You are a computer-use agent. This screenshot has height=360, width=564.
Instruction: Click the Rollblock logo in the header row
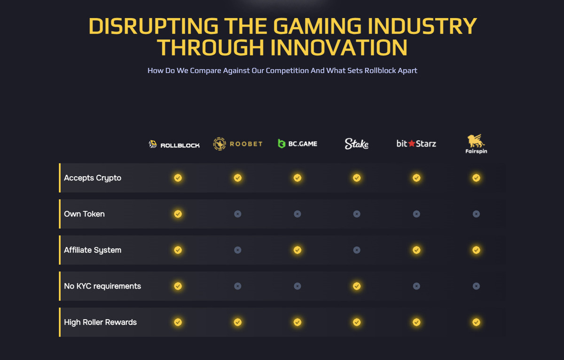pos(174,144)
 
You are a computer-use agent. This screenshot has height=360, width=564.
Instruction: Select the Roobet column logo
pos(238,144)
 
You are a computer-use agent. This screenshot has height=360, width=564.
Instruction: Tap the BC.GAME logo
pos(298,143)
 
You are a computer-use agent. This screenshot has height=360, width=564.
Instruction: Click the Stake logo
pos(357,143)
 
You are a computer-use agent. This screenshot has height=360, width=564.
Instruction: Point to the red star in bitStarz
pos(412,143)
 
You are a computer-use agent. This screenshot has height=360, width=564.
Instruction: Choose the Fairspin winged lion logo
pos(476,141)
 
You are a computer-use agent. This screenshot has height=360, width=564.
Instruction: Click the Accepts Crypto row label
pos(93,178)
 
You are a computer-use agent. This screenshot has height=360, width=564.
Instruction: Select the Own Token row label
pos(84,214)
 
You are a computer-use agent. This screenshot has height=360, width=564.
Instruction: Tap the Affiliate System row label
pos(93,250)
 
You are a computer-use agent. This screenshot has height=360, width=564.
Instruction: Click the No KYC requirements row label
pos(102,286)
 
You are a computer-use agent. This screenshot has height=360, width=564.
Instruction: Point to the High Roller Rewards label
pos(100,322)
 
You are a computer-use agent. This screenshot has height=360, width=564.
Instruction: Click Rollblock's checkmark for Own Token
pos(178,214)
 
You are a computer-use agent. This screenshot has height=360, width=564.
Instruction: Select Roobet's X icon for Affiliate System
pos(238,250)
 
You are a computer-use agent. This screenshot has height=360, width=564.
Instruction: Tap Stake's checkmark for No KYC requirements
pos(357,286)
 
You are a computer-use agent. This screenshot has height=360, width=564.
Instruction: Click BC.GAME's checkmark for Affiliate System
pos(298,250)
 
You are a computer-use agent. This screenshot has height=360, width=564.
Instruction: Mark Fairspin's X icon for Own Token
pos(476,214)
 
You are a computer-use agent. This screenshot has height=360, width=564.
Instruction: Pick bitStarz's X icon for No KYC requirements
pos(416,286)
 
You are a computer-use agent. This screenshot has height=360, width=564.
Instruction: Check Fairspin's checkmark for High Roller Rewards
pos(476,322)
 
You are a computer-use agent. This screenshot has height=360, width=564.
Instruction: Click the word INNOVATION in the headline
pos(339,47)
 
